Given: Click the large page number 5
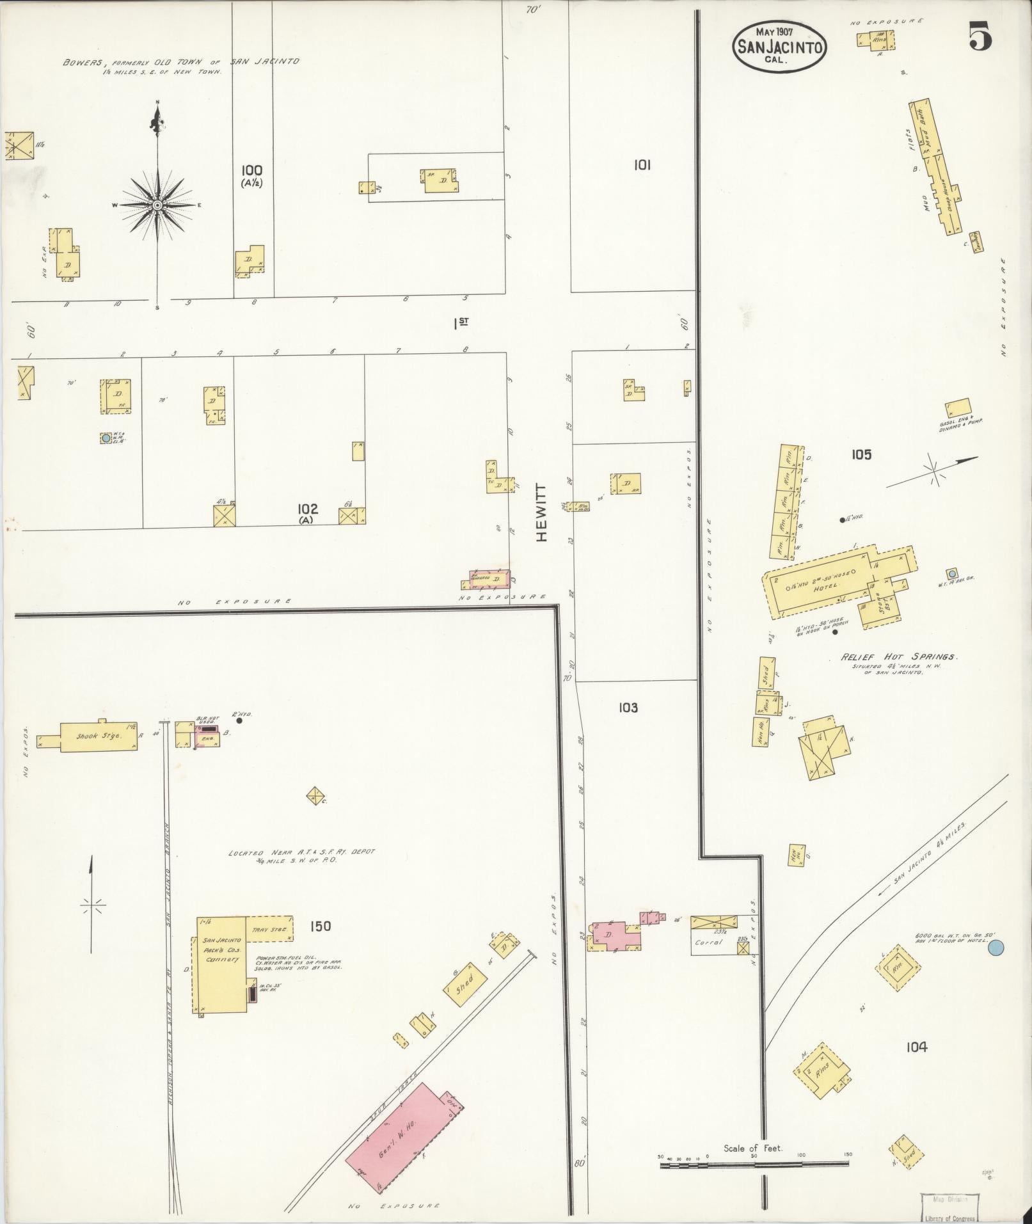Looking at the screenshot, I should (x=980, y=36).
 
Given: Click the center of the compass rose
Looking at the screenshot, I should (x=157, y=205).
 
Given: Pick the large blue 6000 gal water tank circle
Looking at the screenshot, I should (x=995, y=948).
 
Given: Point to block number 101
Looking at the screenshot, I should (x=642, y=165).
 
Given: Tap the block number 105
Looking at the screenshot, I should (x=861, y=455).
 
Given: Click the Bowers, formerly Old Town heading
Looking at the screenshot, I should (x=181, y=63).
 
